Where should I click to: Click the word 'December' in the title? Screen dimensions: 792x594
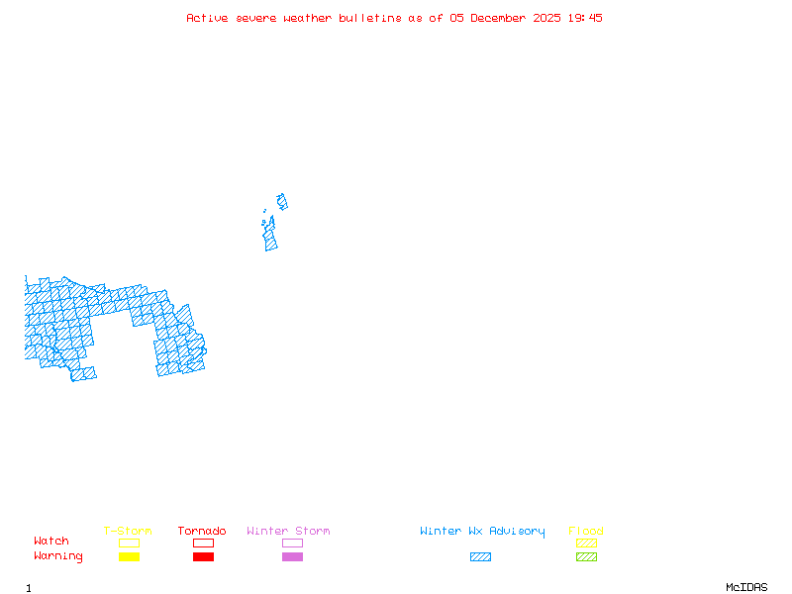point(501,18)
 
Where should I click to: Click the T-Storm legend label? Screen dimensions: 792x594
point(128,532)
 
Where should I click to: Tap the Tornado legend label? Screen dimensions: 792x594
point(202,532)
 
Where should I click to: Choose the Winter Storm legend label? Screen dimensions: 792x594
point(288,532)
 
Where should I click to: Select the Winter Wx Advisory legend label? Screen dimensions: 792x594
point(482,532)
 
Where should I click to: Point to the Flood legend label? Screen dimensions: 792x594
point(586,532)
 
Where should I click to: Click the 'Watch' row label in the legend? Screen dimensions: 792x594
point(51,542)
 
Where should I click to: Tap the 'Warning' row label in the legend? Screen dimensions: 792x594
point(58,556)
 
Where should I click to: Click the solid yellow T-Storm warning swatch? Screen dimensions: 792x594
point(129,557)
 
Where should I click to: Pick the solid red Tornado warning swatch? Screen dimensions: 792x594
point(203,557)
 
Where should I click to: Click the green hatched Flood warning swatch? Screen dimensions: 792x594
point(586,557)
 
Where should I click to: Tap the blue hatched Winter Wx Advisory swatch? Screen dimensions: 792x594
point(480,557)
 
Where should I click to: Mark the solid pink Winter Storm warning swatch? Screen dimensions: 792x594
point(292,557)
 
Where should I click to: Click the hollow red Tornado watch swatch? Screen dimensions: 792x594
point(203,543)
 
